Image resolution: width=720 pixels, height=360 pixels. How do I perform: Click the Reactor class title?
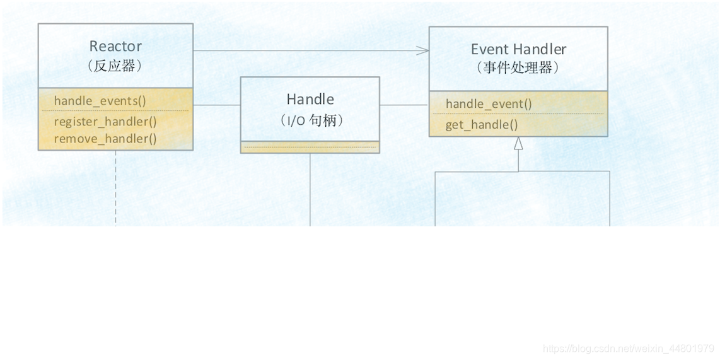coord(115,46)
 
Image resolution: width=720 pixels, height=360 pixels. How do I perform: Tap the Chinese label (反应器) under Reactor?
coord(115,66)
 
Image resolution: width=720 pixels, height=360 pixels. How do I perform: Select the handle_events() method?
coord(100,101)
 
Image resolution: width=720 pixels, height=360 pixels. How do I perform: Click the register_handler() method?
coord(105,122)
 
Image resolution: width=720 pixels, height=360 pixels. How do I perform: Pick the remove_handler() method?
coord(105,139)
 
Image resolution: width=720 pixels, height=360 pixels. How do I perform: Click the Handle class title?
coord(310,99)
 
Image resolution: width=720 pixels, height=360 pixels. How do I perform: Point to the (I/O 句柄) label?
coord(310,120)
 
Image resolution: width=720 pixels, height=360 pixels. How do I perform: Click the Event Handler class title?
coord(518,49)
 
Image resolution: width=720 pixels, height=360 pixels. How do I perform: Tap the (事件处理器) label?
coord(518,67)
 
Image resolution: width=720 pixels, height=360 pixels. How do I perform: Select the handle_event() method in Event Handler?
coord(489,104)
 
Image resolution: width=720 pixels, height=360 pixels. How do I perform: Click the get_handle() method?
coord(482,125)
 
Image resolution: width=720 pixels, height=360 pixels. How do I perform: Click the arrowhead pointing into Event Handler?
coord(425,50)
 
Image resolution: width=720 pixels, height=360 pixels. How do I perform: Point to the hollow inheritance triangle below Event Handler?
coord(518,143)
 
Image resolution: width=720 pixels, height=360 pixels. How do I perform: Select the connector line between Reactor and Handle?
coord(217,105)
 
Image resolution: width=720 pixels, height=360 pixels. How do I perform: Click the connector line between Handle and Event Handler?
coord(404,105)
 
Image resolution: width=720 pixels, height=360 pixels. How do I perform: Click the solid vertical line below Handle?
coord(310,189)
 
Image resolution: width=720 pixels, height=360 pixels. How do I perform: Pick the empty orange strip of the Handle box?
coord(310,147)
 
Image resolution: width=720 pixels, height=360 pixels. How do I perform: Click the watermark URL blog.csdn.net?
coord(629,348)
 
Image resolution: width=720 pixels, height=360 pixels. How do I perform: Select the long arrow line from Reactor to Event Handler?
coord(309,50)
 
